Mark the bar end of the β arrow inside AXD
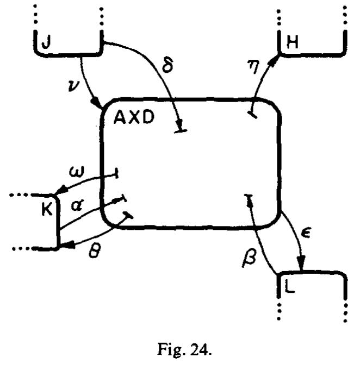tap(249, 195)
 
